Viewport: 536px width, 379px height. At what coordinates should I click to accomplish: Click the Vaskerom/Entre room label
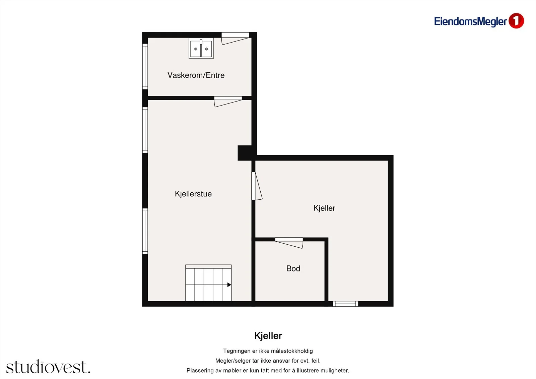tap(196, 75)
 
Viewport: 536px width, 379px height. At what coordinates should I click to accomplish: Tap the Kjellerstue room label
tap(193, 194)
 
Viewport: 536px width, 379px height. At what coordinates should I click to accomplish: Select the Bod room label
tap(293, 268)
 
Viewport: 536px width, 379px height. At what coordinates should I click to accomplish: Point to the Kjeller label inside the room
tap(324, 208)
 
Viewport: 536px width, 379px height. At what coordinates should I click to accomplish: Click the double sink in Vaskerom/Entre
tap(201, 48)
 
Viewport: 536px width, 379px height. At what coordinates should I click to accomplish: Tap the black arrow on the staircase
tap(229, 285)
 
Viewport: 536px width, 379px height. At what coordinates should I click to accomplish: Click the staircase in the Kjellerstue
tap(208, 283)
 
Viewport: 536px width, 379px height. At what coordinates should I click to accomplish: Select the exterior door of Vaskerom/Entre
tap(235, 38)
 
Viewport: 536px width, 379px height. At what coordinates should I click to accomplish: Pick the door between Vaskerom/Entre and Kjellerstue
tap(228, 102)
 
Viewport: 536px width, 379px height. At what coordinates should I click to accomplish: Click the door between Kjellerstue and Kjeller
tap(257, 186)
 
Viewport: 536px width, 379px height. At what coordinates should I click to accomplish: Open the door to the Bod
tap(289, 243)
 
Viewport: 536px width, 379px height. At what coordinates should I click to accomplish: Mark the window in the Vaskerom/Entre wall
tap(145, 67)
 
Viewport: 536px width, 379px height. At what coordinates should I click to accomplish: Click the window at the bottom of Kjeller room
tap(345, 304)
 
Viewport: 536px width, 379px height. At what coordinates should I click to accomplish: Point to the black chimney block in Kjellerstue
tap(245, 153)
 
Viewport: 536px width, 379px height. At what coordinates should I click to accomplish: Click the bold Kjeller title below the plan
tap(268, 336)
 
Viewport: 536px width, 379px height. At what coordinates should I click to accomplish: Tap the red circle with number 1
tap(516, 21)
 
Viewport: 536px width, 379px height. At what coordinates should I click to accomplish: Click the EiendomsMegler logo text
tap(470, 21)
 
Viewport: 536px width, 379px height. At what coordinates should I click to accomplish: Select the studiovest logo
tap(48, 367)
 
